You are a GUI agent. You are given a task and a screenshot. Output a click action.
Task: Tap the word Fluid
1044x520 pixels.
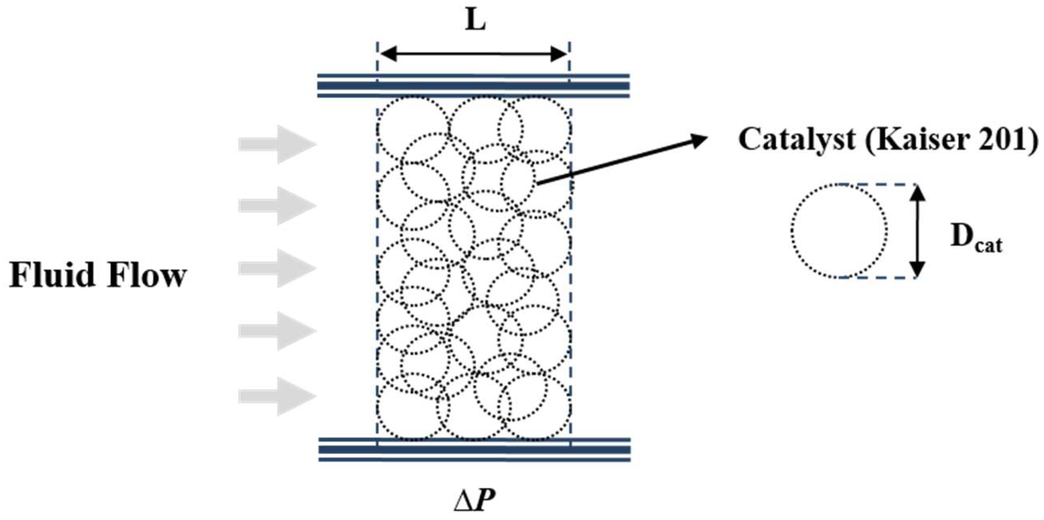tap(51, 275)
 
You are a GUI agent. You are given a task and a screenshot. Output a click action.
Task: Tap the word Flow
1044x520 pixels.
tap(146, 275)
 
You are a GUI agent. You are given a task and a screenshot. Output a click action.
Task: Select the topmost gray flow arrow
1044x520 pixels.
tap(277, 144)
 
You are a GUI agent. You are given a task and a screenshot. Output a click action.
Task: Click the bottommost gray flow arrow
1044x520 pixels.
tap(277, 396)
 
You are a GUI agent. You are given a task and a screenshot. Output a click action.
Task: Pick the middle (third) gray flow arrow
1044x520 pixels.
tap(277, 268)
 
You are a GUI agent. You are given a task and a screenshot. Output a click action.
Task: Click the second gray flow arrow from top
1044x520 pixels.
tap(277, 206)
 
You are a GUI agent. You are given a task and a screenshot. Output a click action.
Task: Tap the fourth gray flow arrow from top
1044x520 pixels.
tap(277, 331)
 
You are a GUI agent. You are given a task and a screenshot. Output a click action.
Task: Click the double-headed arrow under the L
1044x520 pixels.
tap(473, 53)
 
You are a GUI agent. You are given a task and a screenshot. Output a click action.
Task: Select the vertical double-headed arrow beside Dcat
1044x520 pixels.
tap(918, 231)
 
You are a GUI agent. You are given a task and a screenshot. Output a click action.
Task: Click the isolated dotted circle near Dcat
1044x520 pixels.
tap(839, 231)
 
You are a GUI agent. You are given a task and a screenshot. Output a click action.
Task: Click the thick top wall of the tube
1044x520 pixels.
tap(473, 86)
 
